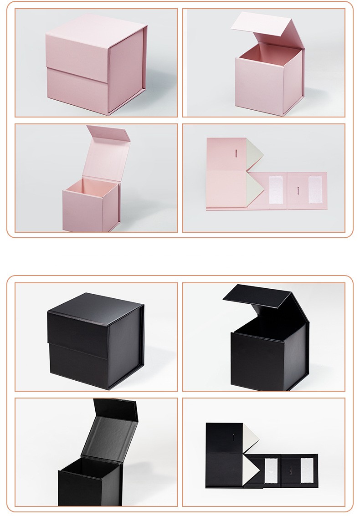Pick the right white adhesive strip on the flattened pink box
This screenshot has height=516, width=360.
pyautogui.click(x=314, y=190)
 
